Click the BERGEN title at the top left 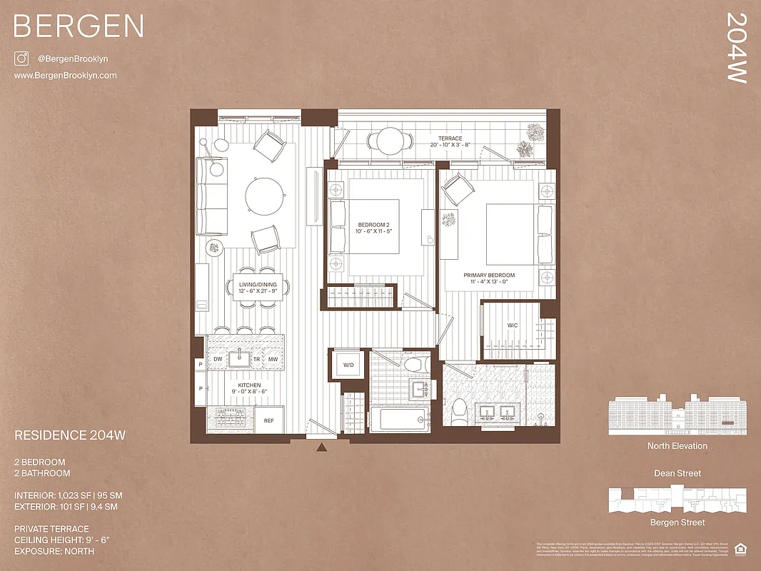coord(79,26)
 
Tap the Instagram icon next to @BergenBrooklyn coord(21,59)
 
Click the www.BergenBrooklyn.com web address coord(65,76)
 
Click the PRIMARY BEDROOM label coord(489,276)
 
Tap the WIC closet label coord(513,325)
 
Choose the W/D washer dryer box coord(348,365)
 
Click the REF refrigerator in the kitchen coord(269,420)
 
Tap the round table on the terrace coord(390,140)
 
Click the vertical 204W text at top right coord(736,48)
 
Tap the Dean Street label coord(677,473)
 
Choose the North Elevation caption coord(677,446)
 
